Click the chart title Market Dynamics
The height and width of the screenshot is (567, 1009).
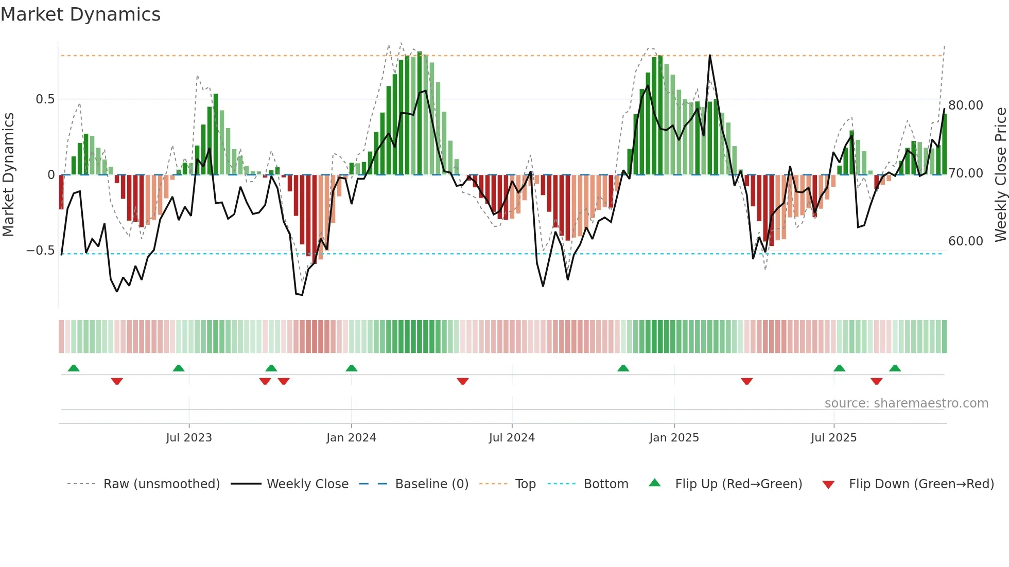coord(80,14)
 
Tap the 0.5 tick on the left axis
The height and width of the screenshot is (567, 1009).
coord(45,99)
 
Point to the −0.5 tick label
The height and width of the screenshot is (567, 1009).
coord(40,251)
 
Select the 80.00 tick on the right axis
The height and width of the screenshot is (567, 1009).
coord(966,105)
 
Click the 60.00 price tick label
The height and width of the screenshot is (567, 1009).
coord(966,241)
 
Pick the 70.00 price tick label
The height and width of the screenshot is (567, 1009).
coord(966,173)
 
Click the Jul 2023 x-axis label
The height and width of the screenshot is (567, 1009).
coord(189,438)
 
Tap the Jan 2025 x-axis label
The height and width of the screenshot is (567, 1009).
coord(674,438)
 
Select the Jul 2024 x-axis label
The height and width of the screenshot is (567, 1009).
coord(512,438)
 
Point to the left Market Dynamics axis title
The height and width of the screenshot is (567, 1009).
coord(8,175)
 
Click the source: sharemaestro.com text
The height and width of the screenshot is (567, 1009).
coord(906,403)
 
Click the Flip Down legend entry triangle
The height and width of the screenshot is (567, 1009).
coord(828,485)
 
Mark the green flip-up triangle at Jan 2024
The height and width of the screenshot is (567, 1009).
coord(352,368)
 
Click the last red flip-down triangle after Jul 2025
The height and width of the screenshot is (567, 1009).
coord(877,381)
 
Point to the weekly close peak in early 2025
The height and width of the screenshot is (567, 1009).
coord(710,56)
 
